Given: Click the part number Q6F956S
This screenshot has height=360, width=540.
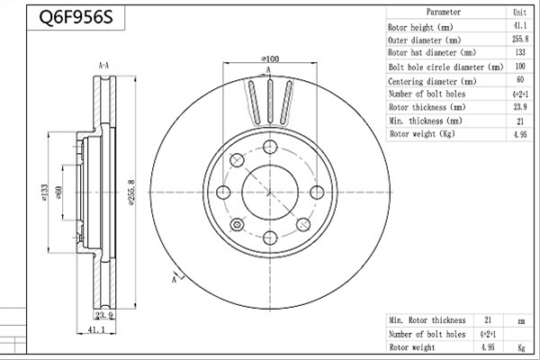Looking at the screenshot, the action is (x=76, y=17).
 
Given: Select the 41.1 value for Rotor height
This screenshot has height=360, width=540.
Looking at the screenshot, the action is (x=520, y=25).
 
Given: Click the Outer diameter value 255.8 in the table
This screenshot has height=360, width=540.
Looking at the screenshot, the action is (x=520, y=39).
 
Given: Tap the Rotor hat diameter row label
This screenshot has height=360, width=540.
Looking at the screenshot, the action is (x=432, y=53).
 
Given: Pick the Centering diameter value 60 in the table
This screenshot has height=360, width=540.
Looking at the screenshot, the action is (x=520, y=79).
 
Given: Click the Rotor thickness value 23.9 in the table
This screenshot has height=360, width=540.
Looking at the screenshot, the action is (x=520, y=107).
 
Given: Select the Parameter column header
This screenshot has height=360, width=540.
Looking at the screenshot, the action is (x=443, y=12).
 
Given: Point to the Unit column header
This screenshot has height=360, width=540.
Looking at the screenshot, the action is (x=519, y=13).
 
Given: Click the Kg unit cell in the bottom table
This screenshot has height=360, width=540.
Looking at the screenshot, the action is (x=521, y=348).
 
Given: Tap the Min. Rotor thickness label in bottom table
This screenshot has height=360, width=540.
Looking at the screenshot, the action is (x=427, y=320).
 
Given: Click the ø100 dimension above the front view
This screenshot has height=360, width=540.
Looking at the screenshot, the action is (x=270, y=58).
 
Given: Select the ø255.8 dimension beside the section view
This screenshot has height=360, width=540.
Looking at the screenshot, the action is (x=131, y=193).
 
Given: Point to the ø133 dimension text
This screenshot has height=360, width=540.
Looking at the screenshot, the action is (x=44, y=193).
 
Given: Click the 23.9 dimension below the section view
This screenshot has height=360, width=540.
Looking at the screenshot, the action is (x=104, y=315).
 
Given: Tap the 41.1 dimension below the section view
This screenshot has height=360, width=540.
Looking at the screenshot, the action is (x=96, y=329).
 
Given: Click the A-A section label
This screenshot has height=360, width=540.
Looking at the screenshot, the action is (x=103, y=66).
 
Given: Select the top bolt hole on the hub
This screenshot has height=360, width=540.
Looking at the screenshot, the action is (x=270, y=147).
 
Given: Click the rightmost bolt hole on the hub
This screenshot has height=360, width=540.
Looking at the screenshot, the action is (x=317, y=193).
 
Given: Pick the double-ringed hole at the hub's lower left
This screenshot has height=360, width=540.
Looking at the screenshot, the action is (x=237, y=225).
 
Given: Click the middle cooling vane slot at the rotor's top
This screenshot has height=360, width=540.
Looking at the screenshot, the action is (x=270, y=101).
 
